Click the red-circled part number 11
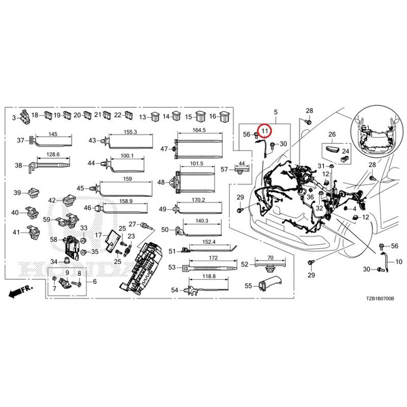(x=265, y=132)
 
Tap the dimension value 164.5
(x=199, y=131)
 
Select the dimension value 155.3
(x=130, y=132)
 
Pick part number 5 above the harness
(x=276, y=111)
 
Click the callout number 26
(x=332, y=135)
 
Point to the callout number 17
(x=99, y=235)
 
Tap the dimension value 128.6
(x=53, y=154)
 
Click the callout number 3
(x=14, y=118)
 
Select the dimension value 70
(x=270, y=258)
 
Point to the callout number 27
(x=132, y=224)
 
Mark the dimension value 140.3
(x=202, y=222)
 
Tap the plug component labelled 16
(x=224, y=116)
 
